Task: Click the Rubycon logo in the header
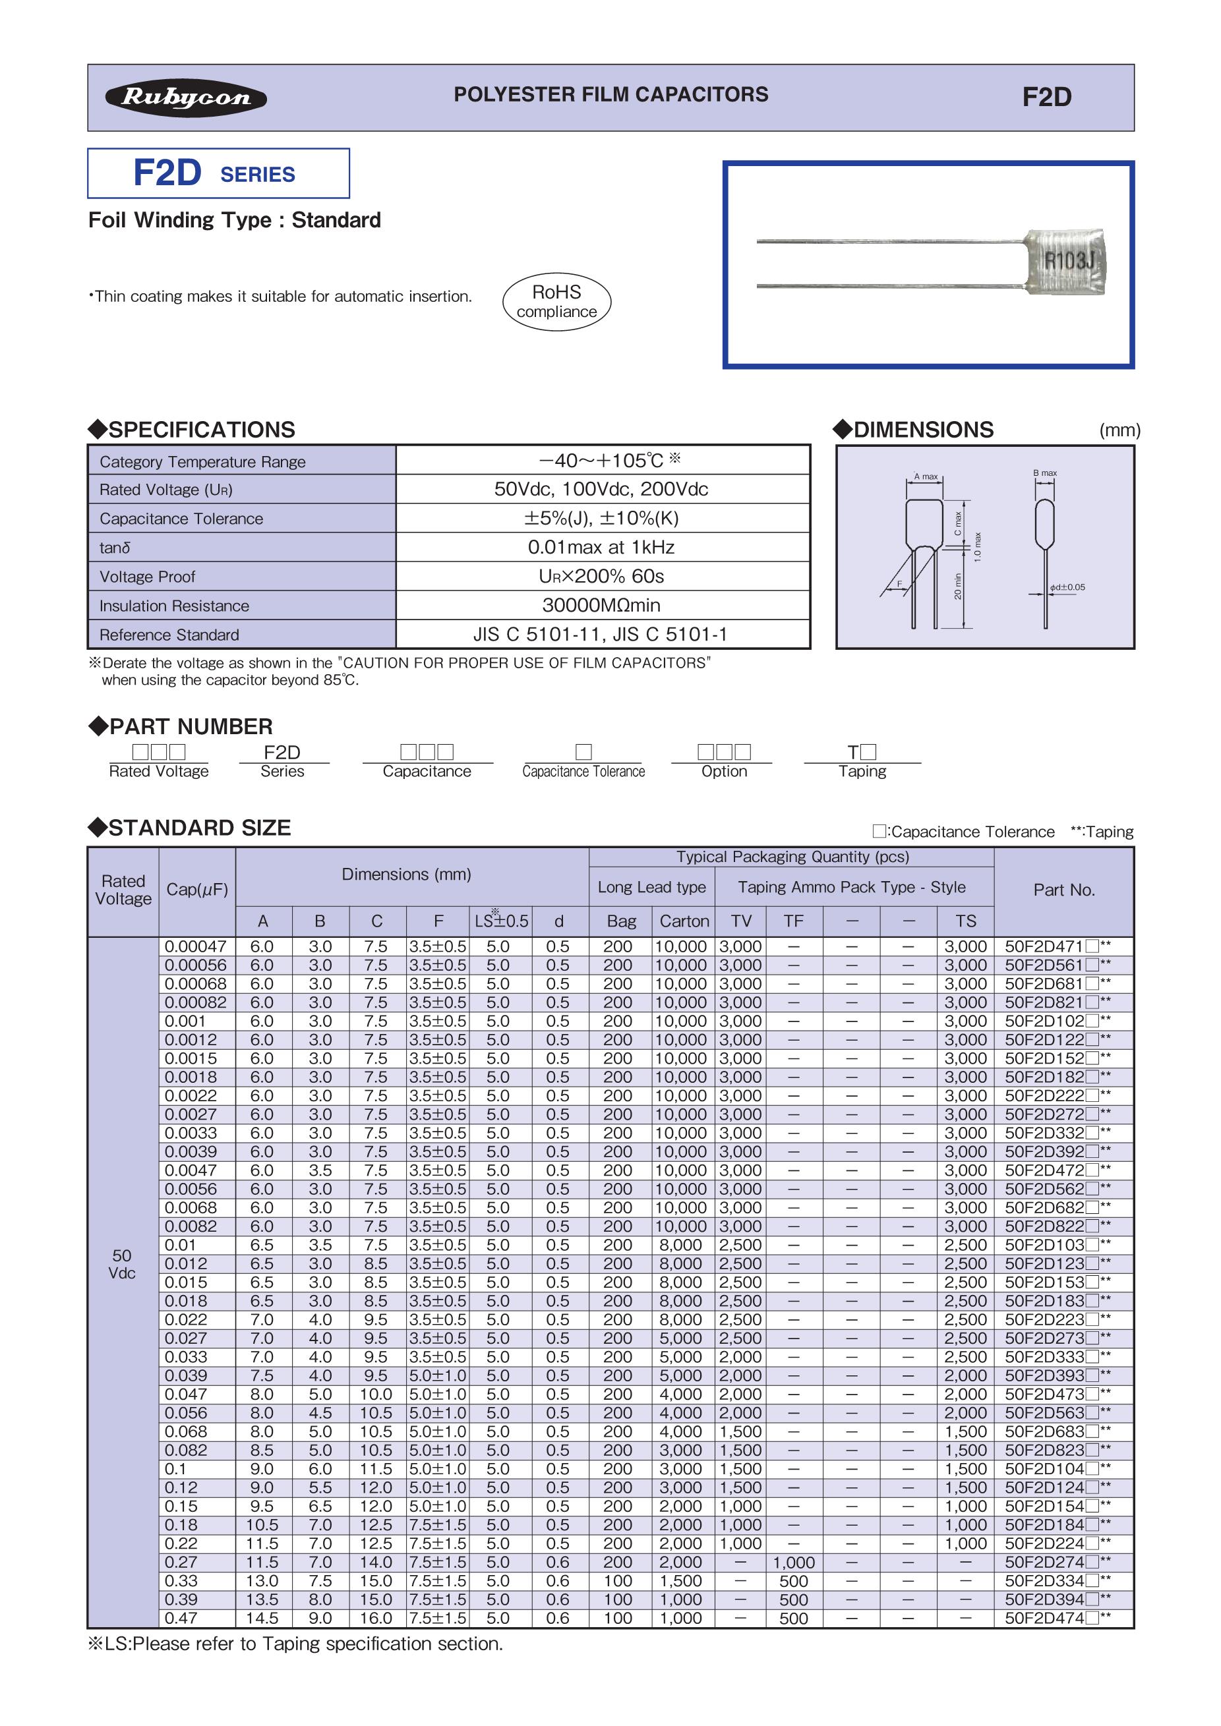tap(186, 98)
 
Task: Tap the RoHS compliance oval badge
tap(556, 301)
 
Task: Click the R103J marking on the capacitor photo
tap(1067, 262)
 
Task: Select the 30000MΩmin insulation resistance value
tap(601, 605)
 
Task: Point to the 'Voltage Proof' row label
tap(148, 577)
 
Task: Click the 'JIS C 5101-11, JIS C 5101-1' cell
tap(601, 635)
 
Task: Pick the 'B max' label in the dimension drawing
tap(1044, 473)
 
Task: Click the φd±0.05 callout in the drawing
tap(1067, 587)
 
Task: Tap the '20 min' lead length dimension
tap(958, 587)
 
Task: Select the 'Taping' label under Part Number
tap(862, 771)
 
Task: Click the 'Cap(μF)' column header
tap(197, 890)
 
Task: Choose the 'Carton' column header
tap(684, 921)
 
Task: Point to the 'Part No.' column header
tap(1063, 890)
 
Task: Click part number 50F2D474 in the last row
tap(1045, 1619)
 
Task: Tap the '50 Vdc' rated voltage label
tap(122, 1265)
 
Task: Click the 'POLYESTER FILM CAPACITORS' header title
tap(610, 95)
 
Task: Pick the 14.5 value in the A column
tap(262, 1619)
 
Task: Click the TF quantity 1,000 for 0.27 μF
tap(793, 1563)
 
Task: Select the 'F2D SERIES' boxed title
tap(218, 173)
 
